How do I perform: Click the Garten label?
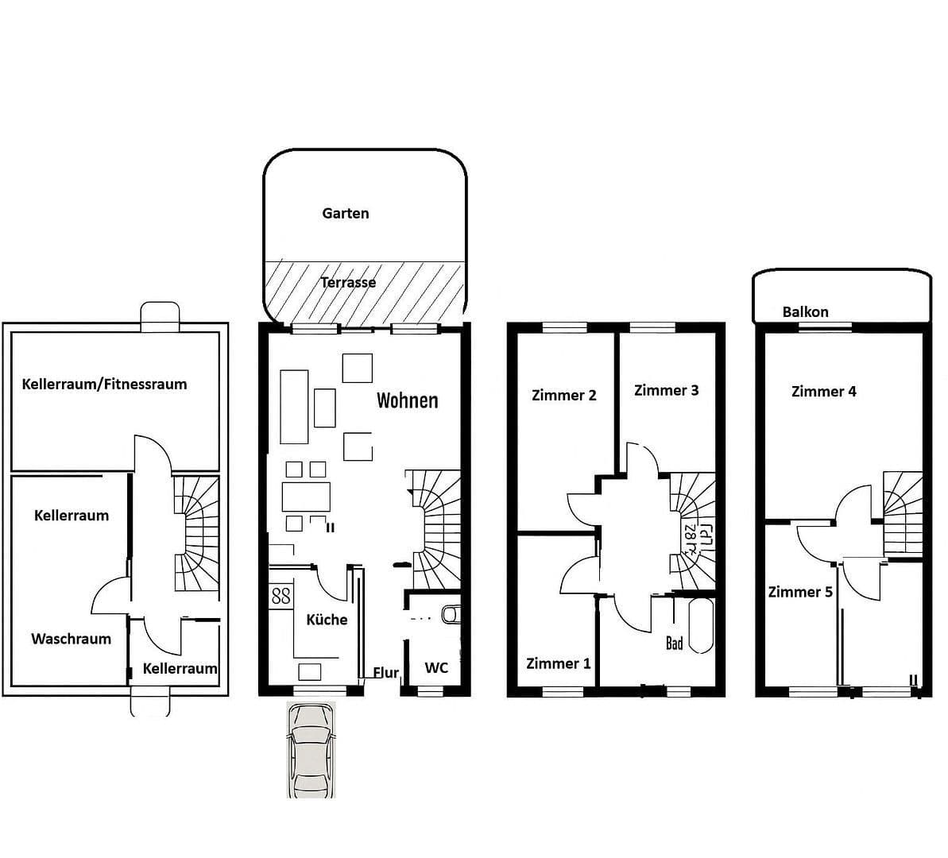click(x=346, y=213)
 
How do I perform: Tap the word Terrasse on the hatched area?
click(x=348, y=282)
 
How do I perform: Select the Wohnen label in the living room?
click(x=407, y=400)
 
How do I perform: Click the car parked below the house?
click(x=311, y=750)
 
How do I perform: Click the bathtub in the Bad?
click(x=700, y=625)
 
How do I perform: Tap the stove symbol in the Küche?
click(x=281, y=596)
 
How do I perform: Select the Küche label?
click(x=327, y=620)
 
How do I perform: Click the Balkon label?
click(x=805, y=311)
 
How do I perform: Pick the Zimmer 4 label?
click(x=824, y=391)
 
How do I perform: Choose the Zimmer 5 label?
click(x=800, y=592)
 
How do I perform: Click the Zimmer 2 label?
click(x=563, y=395)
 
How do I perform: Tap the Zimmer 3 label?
click(x=666, y=390)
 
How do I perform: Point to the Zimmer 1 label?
click(x=559, y=663)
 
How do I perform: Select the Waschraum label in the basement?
click(x=71, y=639)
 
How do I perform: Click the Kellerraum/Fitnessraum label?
click(x=104, y=384)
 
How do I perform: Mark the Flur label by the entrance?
click(x=386, y=673)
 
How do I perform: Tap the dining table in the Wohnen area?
click(x=306, y=497)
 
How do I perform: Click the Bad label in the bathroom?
click(x=674, y=643)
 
